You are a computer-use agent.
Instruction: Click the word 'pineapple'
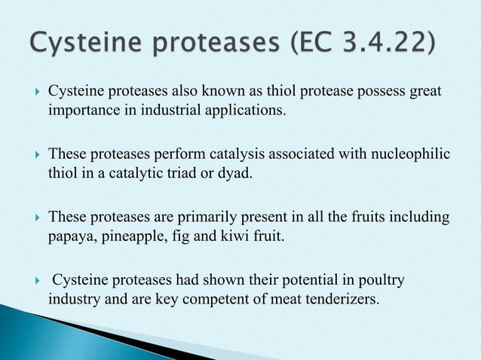point(133,239)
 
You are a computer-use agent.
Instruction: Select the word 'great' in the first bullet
point(433,92)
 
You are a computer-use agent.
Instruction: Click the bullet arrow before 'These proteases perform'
point(31,156)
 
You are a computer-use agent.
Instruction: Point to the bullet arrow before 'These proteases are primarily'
point(31,219)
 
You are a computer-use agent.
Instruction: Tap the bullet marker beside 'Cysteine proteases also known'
point(31,93)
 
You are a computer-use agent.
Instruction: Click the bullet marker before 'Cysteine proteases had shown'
point(31,282)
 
